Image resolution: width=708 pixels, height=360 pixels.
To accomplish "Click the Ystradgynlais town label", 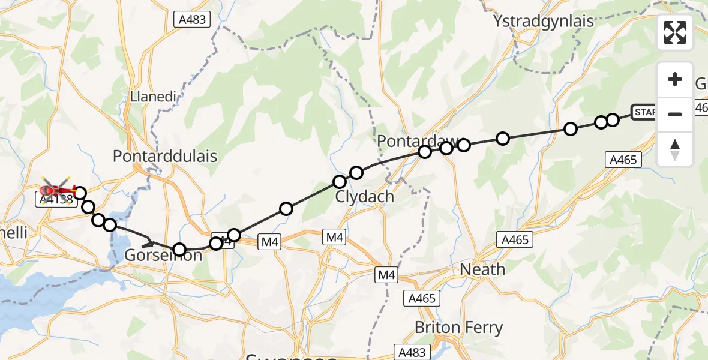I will coord(543,22).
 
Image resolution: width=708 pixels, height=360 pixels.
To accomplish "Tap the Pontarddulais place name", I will coord(165,156).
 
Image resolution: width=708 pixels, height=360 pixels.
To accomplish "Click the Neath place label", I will coord(482,269).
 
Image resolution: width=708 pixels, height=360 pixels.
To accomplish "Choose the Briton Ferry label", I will coord(458,328).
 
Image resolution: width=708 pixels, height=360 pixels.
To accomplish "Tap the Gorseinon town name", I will coord(163,256).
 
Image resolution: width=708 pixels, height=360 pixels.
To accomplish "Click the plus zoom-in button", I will coord(675,79).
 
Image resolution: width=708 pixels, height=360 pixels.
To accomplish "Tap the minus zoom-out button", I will coord(675,114).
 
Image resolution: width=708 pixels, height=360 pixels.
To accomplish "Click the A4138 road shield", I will coord(56,200).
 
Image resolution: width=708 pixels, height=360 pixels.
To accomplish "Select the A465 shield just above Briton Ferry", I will coord(423,298).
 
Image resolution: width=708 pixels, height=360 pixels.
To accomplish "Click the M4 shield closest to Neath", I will coord(386,275).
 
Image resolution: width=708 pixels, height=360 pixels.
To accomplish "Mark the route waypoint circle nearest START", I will coord(613,120).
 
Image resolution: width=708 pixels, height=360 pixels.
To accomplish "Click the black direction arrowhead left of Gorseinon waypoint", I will coord(148,242).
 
